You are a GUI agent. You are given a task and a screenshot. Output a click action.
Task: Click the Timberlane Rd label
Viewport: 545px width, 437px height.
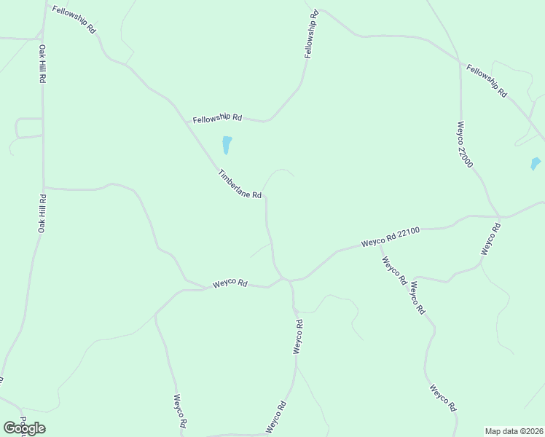tap(240, 184)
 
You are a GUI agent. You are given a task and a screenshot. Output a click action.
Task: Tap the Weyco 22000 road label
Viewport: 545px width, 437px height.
tap(466, 144)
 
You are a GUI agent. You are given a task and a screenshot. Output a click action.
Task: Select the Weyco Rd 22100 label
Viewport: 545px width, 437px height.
tap(391, 237)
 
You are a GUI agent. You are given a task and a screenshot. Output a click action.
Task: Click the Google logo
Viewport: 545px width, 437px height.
tap(24, 428)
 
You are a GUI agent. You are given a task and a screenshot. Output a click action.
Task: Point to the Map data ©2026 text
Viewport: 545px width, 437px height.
tap(514, 430)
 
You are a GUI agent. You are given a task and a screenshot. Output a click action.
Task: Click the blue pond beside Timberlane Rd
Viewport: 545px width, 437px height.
tap(227, 145)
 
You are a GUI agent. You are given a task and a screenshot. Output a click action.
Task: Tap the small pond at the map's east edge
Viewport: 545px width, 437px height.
tap(536, 164)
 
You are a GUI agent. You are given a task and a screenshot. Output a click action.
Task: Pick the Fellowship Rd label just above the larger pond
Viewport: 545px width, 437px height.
tap(217, 117)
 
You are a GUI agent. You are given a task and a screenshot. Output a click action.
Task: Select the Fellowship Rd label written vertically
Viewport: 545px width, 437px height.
tap(311, 34)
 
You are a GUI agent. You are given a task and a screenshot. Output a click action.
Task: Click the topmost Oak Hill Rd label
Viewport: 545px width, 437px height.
tap(42, 64)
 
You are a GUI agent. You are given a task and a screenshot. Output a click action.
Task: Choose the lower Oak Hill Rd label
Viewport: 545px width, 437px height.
tap(42, 213)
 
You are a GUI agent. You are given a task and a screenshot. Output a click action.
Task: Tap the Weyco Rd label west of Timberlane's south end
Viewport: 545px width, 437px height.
tap(230, 283)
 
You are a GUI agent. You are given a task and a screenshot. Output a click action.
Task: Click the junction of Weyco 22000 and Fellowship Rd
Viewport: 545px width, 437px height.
tap(460, 63)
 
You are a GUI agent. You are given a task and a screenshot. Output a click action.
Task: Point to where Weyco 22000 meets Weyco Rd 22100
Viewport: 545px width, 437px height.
tap(499, 216)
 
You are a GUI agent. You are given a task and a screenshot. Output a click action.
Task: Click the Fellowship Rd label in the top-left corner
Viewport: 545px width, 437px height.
tap(74, 21)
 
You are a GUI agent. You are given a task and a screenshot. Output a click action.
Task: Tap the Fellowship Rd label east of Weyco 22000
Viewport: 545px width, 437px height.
tap(487, 82)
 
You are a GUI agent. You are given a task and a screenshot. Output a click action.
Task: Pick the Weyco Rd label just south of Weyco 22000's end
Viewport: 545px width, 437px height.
tap(491, 238)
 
